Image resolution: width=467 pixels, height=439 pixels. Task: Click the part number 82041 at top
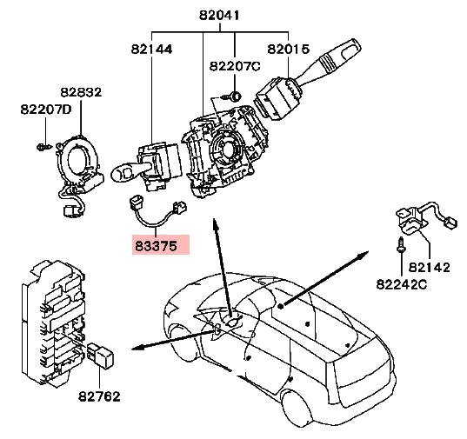[x=219, y=15]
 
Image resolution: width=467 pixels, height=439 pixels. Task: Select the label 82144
[x=151, y=49]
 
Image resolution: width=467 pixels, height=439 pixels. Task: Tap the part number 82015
[x=289, y=49]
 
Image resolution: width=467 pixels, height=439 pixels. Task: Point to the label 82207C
[x=235, y=66]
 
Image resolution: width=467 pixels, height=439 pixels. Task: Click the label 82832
[x=81, y=92]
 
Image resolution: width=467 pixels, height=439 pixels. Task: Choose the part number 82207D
[x=46, y=110]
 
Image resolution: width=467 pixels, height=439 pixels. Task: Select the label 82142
[x=430, y=267]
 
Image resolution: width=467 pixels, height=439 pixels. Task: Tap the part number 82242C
[x=402, y=284]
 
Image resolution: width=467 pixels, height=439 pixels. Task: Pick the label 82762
[x=99, y=396]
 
